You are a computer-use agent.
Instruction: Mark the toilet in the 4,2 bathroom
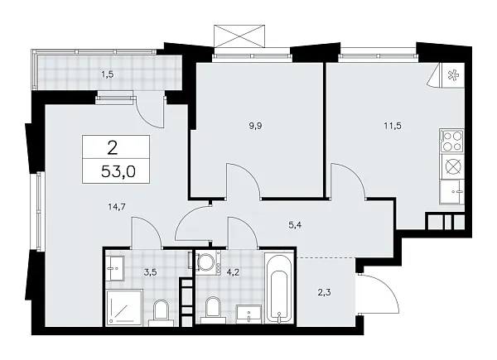point(212,310)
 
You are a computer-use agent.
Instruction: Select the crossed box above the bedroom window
point(241,37)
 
